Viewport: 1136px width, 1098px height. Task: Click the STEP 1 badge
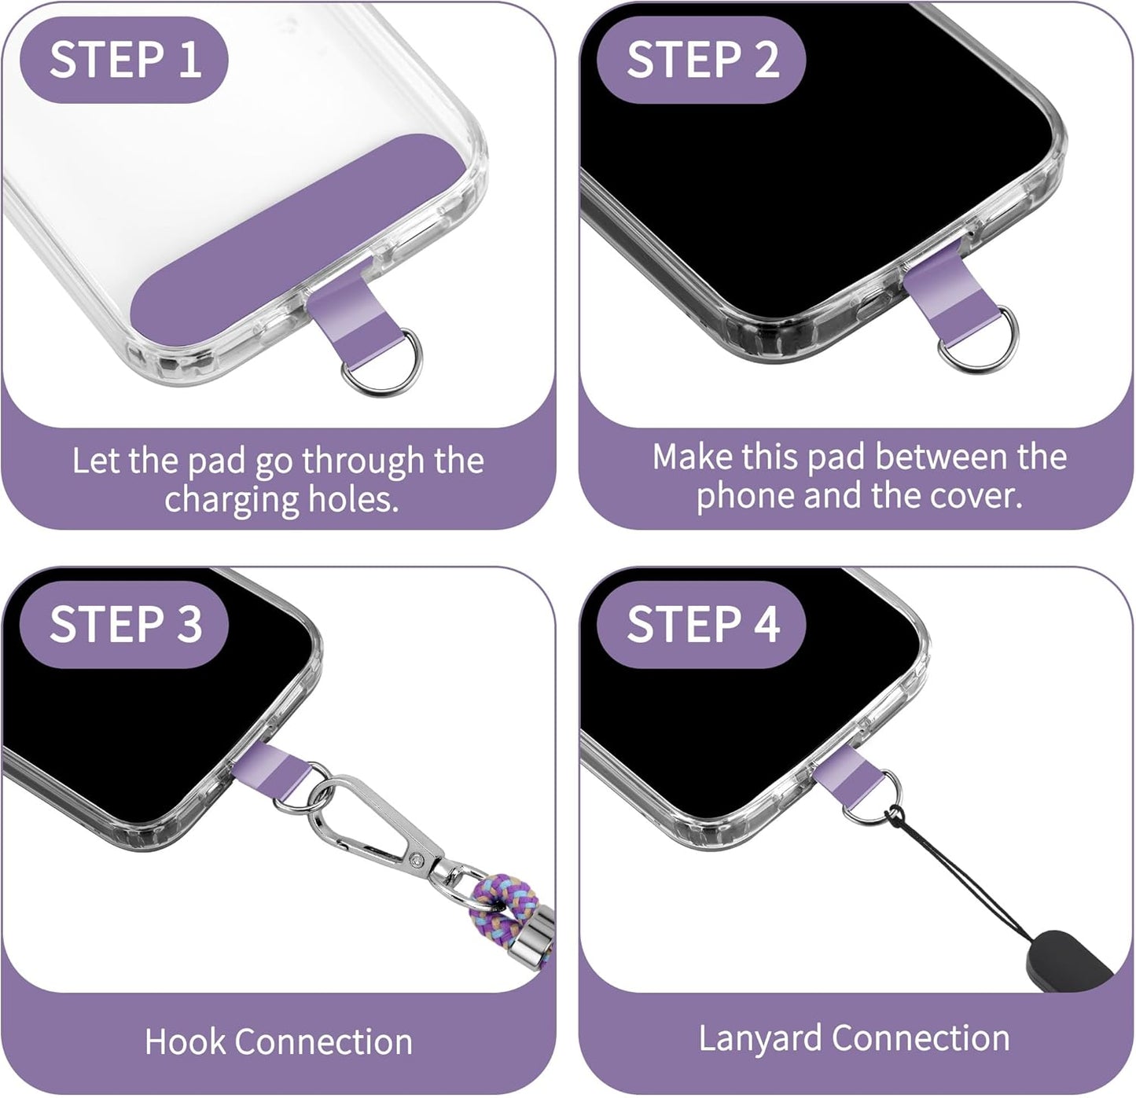pyautogui.click(x=123, y=60)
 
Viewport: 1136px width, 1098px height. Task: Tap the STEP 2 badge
pyautogui.click(x=701, y=60)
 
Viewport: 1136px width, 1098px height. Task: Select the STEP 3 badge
pyautogui.click(x=124, y=624)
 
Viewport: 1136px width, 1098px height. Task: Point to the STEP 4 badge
pyautogui.click(x=701, y=624)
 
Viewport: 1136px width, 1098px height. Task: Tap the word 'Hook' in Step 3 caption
pyautogui.click(x=184, y=1042)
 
